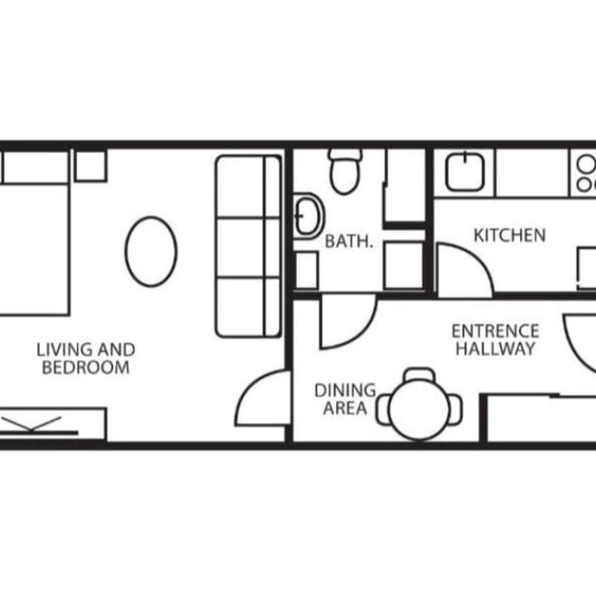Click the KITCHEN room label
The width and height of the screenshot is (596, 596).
point(509,234)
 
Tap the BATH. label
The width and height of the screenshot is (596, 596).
point(349,241)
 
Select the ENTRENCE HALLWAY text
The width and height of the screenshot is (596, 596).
point(495,340)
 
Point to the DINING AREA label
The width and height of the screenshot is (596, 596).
point(344,399)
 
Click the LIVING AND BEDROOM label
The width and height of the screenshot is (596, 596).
point(85,359)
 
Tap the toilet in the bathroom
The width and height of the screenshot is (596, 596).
point(345,170)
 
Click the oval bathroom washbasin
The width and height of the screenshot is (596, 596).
point(308,215)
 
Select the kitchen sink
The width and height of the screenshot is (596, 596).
point(465,172)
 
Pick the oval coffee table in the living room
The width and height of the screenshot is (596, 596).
point(151,251)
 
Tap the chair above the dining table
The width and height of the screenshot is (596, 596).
point(420,376)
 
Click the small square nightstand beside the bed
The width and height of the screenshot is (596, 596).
point(90,165)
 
